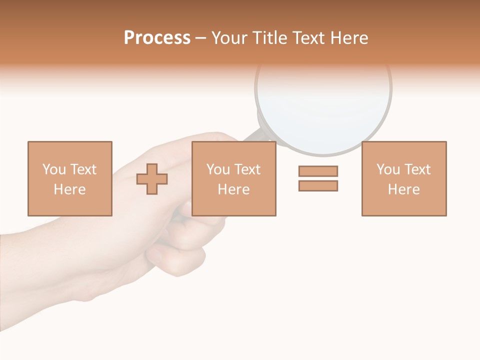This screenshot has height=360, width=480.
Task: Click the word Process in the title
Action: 157,38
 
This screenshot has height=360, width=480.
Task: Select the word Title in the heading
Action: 270,38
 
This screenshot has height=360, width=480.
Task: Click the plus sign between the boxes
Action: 152,179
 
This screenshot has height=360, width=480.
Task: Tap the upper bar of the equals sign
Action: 318,171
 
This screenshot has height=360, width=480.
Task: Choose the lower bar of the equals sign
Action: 318,185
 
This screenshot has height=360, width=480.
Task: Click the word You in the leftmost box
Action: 54,169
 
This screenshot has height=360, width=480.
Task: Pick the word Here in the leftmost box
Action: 69,189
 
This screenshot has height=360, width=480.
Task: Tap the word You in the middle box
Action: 218,169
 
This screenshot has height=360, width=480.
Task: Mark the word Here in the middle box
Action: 233,189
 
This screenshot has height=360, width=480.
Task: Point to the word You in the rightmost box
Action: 388,169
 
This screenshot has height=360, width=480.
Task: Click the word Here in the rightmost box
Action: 403,189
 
